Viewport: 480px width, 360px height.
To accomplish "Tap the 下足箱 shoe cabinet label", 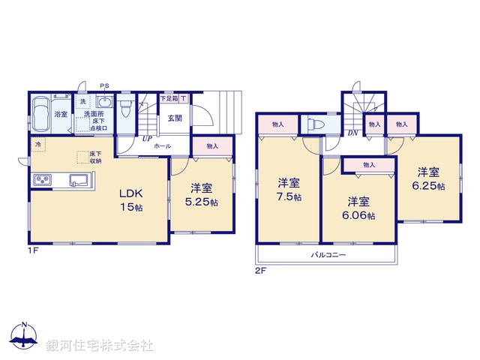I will click(x=169, y=98).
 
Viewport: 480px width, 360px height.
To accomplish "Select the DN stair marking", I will click(x=352, y=133).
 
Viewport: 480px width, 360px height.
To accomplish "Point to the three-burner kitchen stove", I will click(x=40, y=181).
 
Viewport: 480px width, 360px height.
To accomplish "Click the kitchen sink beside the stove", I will click(x=77, y=180).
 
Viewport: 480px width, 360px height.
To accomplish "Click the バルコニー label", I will click(x=328, y=255).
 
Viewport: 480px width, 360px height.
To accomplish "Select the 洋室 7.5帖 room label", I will click(x=289, y=190).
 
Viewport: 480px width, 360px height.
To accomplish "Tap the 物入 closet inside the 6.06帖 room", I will click(x=367, y=164).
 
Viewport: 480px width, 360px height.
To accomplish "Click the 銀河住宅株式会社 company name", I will click(x=99, y=346).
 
